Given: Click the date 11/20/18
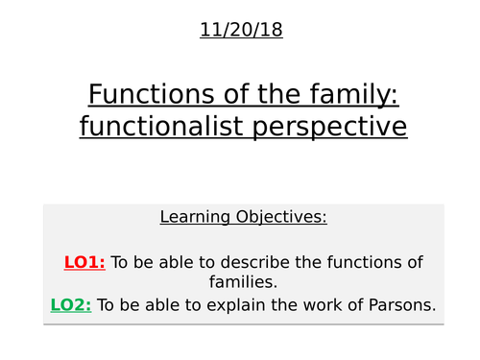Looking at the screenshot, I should [241, 30].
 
